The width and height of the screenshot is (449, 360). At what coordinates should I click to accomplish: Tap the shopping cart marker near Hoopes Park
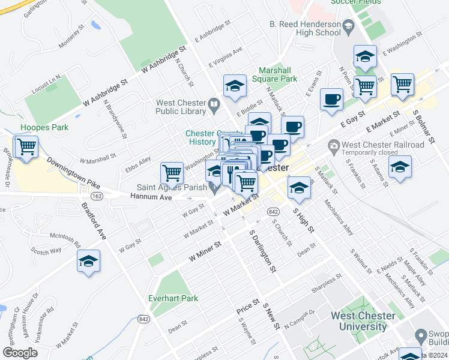(x=26, y=146)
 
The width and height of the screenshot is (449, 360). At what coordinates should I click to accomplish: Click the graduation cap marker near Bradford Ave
(x=88, y=261)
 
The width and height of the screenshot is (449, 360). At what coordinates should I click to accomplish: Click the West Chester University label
(x=363, y=321)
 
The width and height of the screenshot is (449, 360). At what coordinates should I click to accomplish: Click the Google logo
(x=20, y=352)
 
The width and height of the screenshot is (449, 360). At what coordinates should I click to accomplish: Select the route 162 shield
(x=96, y=196)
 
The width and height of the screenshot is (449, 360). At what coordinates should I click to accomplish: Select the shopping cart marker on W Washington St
(x=172, y=173)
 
